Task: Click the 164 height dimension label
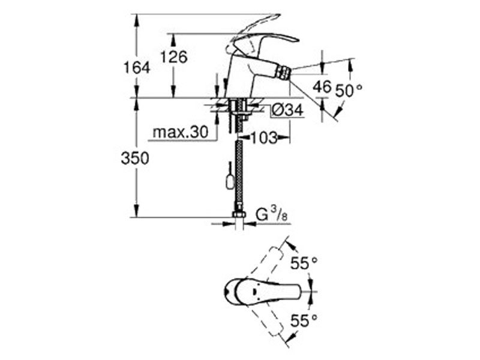(137, 67)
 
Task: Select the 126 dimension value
(174, 57)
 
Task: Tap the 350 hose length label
(135, 158)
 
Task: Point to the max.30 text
(181, 132)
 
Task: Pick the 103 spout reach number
(263, 138)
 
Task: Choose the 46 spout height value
(322, 86)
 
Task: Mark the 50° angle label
(349, 91)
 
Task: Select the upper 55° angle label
(304, 263)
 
